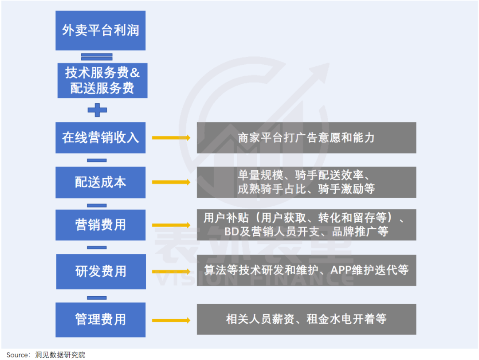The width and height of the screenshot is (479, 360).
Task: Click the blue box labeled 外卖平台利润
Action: (100, 30)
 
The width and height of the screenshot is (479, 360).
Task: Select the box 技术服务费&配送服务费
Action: (102, 80)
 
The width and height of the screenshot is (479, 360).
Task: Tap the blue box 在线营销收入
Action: (100, 137)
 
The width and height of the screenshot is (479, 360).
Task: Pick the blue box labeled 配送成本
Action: (100, 182)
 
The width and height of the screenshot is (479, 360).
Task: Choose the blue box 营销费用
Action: (100, 225)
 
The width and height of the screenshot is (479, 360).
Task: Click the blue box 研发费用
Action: (100, 271)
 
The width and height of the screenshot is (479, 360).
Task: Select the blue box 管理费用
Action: (100, 319)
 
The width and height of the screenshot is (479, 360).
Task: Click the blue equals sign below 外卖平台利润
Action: (97, 57)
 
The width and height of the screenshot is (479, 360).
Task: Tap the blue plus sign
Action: (97, 110)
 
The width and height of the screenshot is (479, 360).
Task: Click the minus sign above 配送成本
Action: (97, 160)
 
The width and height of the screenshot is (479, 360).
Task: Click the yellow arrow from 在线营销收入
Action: (171, 138)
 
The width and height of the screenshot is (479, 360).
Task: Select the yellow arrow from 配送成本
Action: (171, 182)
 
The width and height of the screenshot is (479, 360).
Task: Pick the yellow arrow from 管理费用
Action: (171, 320)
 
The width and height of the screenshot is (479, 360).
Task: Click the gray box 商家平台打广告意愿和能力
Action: (306, 137)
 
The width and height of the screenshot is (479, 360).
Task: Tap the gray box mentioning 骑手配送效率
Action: (306, 182)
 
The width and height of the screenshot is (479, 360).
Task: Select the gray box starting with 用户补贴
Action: (306, 225)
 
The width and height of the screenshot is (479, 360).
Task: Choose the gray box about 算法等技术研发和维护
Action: (306, 270)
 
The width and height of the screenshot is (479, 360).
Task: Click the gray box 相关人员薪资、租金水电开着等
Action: (306, 319)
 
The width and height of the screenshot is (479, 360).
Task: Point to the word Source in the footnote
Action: (17, 355)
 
